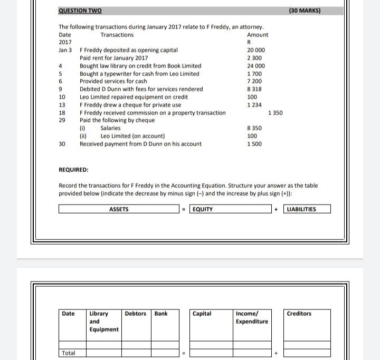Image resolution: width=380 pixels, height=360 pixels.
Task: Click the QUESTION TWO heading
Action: coord(80,11)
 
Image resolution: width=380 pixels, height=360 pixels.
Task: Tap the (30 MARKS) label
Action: coord(305,11)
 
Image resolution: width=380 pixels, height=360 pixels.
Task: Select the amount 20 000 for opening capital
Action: coord(256,50)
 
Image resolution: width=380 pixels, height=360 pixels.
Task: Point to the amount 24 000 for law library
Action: coord(256,66)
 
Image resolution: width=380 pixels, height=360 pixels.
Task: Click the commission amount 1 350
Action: coord(275,113)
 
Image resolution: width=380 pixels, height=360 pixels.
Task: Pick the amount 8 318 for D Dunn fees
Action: coord(254,89)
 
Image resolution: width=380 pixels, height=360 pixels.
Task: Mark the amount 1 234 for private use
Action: coord(254,105)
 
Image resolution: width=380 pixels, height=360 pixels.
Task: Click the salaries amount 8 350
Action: coord(254,128)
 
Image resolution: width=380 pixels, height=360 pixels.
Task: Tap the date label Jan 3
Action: coord(65,50)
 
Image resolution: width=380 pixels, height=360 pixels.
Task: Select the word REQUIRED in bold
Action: coord(73,170)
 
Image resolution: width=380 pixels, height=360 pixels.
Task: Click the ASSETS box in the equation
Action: coord(119,209)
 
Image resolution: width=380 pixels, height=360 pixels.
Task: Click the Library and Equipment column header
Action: coord(103,322)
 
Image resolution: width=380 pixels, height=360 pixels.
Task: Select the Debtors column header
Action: coord(136,314)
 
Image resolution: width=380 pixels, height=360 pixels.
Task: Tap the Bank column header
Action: coord(161,314)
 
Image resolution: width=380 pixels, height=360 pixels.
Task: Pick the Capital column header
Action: coord(202,314)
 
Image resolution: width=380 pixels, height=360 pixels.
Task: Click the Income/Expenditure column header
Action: coord(252,317)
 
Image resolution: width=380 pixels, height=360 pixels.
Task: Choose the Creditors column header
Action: coord(299,314)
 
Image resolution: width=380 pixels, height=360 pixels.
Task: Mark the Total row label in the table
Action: coord(69,353)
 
